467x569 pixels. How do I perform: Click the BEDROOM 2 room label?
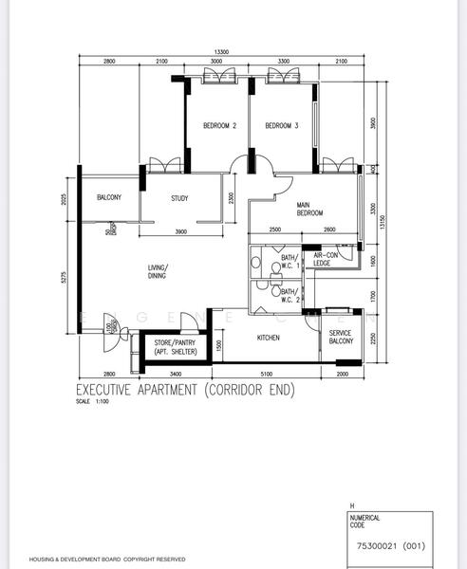click(219, 126)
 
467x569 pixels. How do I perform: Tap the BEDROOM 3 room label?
click(282, 126)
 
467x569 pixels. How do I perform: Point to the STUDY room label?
click(179, 198)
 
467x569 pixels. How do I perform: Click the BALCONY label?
click(108, 197)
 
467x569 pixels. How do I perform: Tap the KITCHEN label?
click(269, 338)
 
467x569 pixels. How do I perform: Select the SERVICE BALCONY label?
click(341, 338)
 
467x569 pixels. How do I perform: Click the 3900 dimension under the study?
click(180, 232)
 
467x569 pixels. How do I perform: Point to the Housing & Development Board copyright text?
click(106, 560)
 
